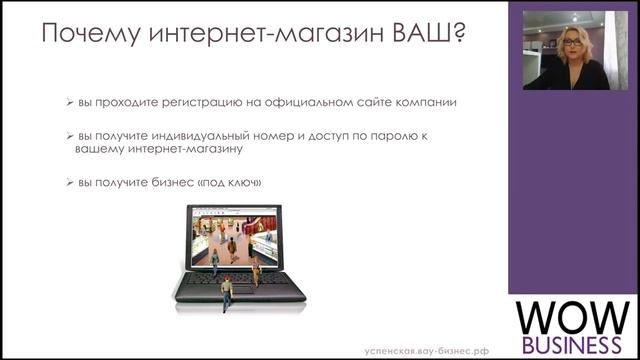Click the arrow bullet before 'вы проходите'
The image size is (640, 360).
click(69, 102)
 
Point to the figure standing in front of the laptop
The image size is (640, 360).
click(227, 292)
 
